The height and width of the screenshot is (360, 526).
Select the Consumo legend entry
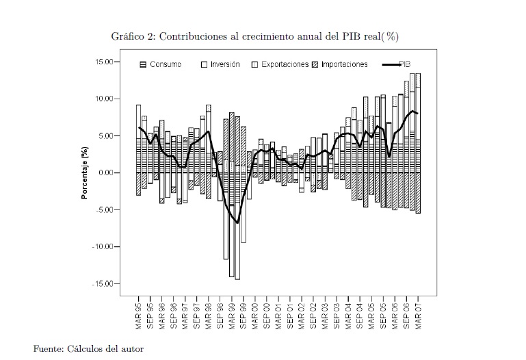(165, 64)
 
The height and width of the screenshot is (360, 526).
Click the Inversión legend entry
(224, 64)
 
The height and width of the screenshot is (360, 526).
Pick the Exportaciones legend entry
(285, 64)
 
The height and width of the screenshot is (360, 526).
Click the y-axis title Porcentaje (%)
(85, 173)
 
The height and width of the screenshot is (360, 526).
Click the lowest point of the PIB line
(237, 222)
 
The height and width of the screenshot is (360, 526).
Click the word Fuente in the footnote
(48, 349)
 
